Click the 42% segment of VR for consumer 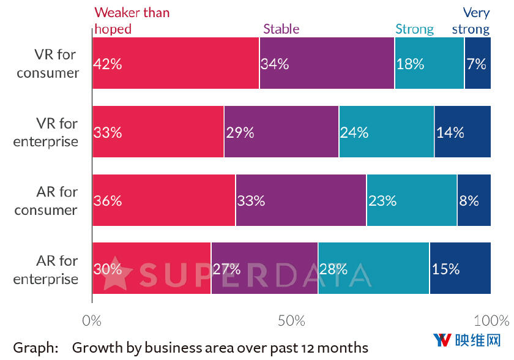click(176, 63)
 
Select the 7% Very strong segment click(477, 63)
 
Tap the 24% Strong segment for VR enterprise click(386, 132)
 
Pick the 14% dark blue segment click(462, 132)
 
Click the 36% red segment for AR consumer click(164, 200)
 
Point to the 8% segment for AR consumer click(474, 200)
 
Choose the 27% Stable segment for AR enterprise click(264, 269)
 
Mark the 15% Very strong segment click(460, 269)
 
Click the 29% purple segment click(281, 132)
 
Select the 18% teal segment click(429, 63)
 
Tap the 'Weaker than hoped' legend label click(132, 20)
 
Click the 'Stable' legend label click(281, 28)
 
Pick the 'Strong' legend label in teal click(414, 29)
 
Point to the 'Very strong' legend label click(471, 20)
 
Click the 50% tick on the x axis click(291, 321)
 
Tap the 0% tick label click(92, 321)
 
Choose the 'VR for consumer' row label click(48, 64)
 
